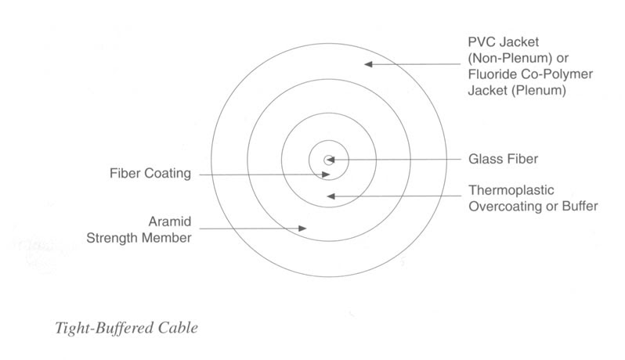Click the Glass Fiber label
click(x=503, y=160)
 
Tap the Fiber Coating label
click(x=150, y=174)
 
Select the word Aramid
click(x=170, y=221)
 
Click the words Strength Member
click(x=139, y=238)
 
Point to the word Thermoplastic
click(x=511, y=190)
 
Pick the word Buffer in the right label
click(x=580, y=207)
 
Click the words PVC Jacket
click(x=504, y=41)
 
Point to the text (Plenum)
click(x=539, y=91)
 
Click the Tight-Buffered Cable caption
click(x=126, y=328)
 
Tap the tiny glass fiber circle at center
click(x=329, y=160)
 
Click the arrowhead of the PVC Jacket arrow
click(x=368, y=64)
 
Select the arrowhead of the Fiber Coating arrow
click(x=326, y=175)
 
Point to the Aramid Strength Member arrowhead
click(x=302, y=229)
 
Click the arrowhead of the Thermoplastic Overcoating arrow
click(x=331, y=196)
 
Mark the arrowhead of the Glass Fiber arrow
click(x=331, y=160)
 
